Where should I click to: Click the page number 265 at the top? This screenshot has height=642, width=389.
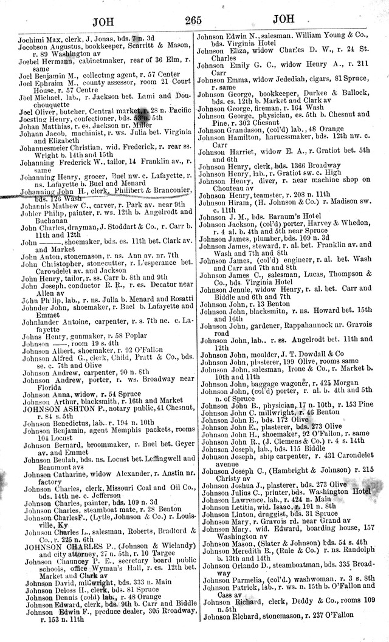click(194, 22)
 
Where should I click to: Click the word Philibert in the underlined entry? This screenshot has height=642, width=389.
click(125, 192)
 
